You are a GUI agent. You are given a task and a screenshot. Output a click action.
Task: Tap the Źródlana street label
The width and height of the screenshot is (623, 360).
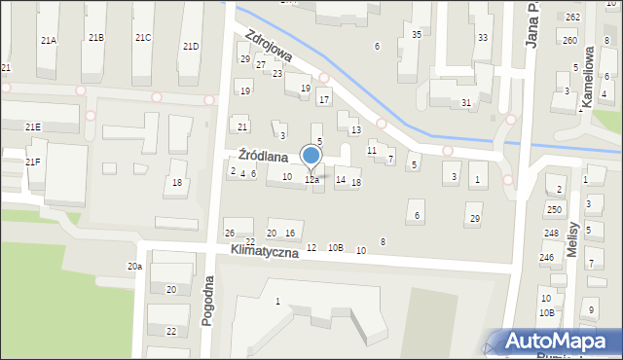tap(263, 156)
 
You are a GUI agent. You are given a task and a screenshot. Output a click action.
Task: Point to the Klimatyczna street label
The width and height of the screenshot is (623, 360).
tap(267, 250)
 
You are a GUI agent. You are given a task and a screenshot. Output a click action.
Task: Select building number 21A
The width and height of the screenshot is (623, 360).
tap(48, 40)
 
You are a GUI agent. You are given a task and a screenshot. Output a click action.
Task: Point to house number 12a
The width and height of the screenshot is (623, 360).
tap(311, 180)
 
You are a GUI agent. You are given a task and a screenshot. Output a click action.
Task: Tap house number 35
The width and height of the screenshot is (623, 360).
tap(417, 35)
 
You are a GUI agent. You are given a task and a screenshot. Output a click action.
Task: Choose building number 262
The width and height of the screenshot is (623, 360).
tap(572, 18)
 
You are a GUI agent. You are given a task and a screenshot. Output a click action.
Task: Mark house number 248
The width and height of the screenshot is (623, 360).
tap(551, 234)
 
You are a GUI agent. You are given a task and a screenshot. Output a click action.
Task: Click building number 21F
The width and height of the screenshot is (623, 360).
tap(33, 162)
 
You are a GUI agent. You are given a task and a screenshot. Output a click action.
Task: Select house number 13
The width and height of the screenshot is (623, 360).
tap(356, 130)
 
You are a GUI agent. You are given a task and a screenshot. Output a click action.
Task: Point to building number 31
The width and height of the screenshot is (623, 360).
tap(466, 102)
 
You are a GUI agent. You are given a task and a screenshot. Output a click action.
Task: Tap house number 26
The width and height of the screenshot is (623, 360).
tap(230, 233)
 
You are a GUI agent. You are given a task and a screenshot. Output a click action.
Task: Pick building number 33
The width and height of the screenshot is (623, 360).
tap(483, 38)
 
